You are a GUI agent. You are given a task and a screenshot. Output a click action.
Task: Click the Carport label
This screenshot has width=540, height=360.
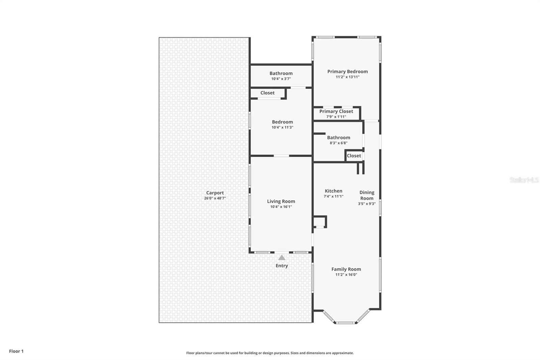(x=215, y=193)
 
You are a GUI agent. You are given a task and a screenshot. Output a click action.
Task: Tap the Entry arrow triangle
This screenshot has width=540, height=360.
(x=282, y=258)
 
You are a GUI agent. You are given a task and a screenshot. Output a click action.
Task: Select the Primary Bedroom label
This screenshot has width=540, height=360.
(x=347, y=72)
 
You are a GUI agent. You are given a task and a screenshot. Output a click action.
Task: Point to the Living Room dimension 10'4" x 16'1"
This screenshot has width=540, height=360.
(x=281, y=207)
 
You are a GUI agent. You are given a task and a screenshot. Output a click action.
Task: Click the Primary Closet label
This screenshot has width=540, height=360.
(x=336, y=111)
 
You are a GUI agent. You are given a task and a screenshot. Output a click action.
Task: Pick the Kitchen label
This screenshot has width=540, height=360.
(x=333, y=191)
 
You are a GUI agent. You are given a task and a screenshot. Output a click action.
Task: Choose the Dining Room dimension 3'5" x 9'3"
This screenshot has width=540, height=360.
(x=367, y=204)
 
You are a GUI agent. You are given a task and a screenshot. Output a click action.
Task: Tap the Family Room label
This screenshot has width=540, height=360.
(x=346, y=269)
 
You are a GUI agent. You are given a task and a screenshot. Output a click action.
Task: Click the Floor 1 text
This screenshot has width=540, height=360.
(x=16, y=351)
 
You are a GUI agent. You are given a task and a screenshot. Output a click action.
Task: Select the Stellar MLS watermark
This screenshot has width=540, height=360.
(x=524, y=180)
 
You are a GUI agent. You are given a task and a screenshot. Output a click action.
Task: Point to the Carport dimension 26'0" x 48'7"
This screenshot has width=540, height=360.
(x=215, y=198)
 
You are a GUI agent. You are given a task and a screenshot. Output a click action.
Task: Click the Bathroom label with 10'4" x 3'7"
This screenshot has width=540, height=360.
(x=281, y=73)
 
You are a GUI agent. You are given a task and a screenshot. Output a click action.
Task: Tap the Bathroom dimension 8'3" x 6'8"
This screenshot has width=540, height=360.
(x=339, y=143)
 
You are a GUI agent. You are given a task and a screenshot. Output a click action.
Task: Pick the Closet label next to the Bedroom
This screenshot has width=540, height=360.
(x=267, y=93)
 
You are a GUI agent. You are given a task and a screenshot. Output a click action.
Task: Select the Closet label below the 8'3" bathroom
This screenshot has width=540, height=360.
(x=354, y=156)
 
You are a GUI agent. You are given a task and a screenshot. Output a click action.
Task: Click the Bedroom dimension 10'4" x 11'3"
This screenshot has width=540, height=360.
(x=282, y=127)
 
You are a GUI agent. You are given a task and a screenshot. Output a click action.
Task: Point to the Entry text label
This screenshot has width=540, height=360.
(x=282, y=266)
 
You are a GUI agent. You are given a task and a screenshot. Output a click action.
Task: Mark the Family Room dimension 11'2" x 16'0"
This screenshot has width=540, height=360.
(x=346, y=275)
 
